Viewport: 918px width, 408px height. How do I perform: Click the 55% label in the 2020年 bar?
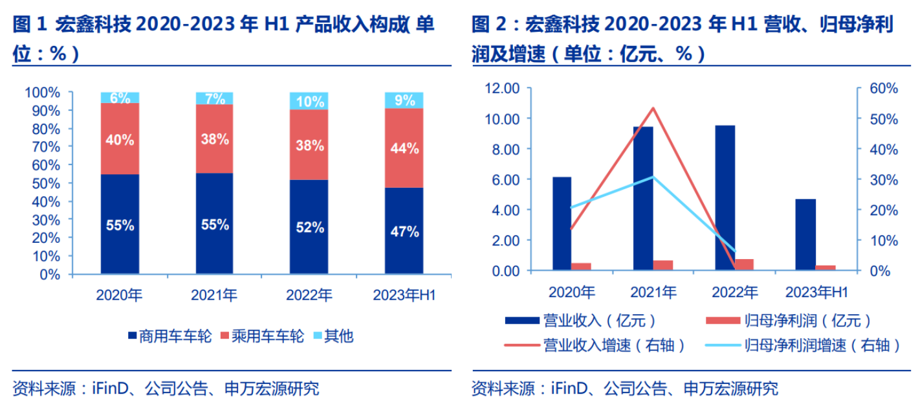coord(120,225)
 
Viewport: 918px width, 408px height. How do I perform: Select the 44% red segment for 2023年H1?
coord(404,148)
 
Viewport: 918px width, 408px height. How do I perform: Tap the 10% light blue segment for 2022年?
coord(309,101)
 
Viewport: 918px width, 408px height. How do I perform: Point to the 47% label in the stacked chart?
coord(404,231)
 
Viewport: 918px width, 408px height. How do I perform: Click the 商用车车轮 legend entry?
coord(170,336)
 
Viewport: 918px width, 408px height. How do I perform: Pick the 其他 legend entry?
coord(333,336)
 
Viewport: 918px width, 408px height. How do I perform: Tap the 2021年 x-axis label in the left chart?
coord(214,295)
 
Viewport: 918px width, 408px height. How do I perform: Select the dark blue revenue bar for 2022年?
coord(725,198)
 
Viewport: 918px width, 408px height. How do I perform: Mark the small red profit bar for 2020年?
coord(582,266)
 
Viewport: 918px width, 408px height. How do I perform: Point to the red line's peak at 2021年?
coord(653,108)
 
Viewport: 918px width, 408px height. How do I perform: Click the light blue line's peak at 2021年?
coord(653,177)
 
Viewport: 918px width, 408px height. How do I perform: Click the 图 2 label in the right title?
coord(489,26)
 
